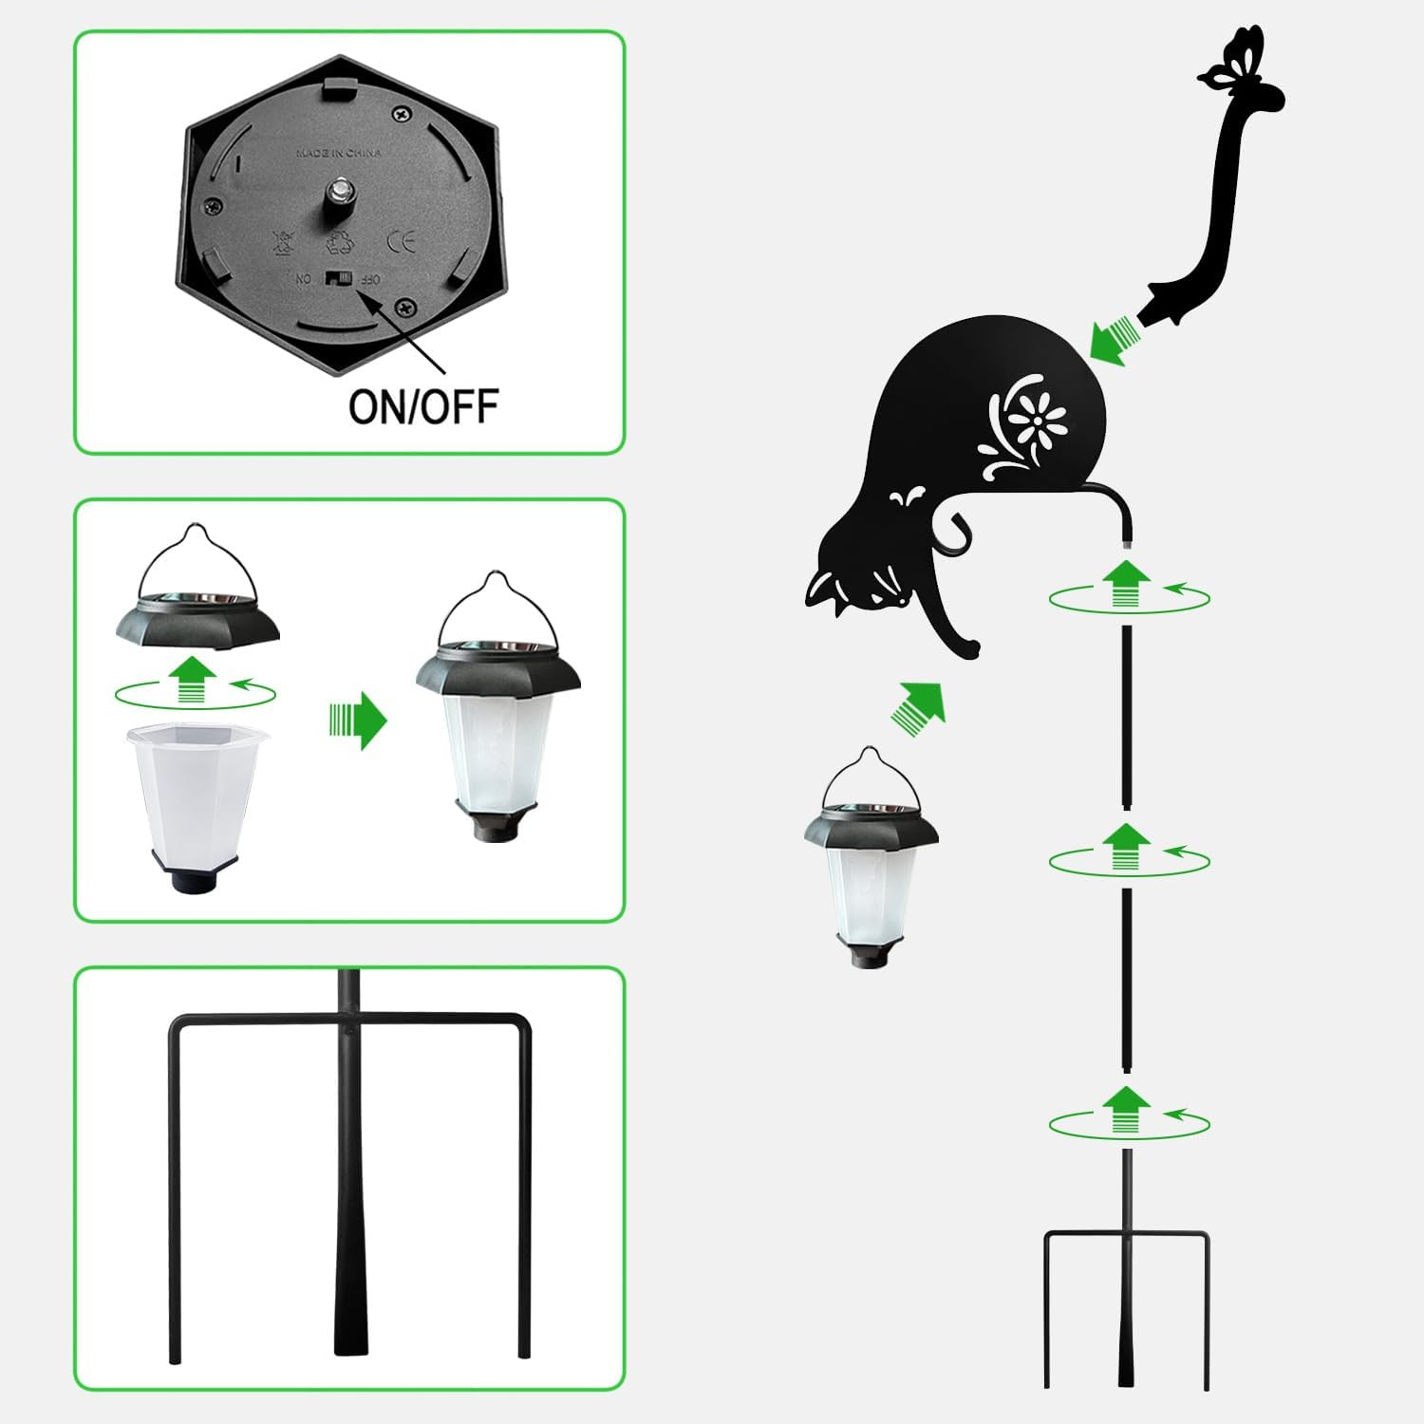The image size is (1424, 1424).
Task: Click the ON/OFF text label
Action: coord(423,406)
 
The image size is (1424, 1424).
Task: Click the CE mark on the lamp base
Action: coord(402,240)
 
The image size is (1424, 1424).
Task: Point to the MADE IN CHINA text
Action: coord(339,153)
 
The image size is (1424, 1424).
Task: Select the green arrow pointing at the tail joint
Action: coord(1113,340)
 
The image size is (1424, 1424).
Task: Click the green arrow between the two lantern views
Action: coord(358,721)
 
